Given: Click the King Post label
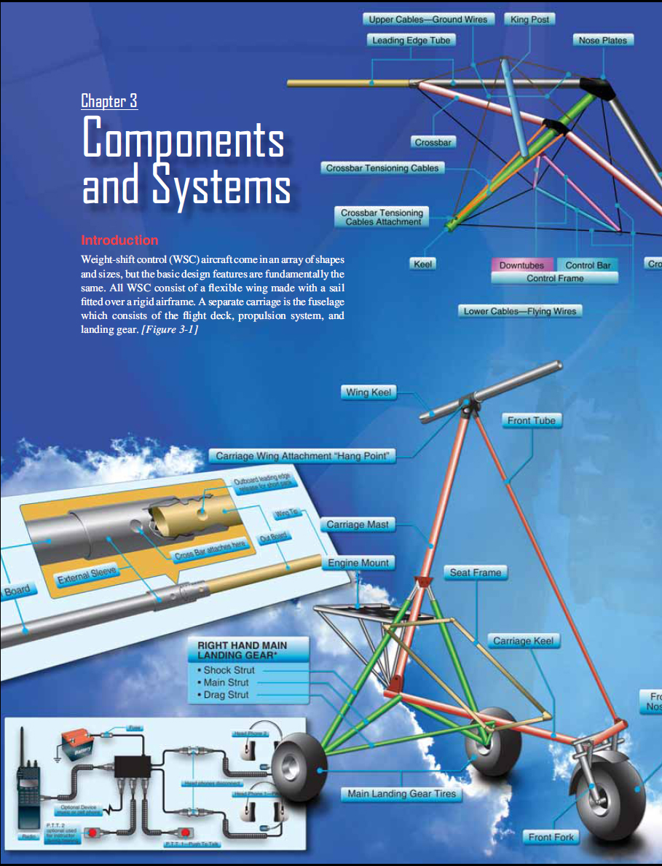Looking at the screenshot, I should coord(529,20).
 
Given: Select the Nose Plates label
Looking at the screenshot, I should coord(602,40).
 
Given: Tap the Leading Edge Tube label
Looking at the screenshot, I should coord(411,40).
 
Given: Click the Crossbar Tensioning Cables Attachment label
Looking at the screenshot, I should coord(382,217).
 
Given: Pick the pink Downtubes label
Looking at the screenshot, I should coord(521,265).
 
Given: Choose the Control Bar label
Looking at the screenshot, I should coord(588,265).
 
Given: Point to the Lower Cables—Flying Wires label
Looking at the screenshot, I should coord(520,311).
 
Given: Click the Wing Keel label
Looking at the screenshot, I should coord(369,393).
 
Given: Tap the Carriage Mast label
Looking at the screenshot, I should coord(357,524).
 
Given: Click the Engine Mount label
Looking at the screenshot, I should coord(359,563).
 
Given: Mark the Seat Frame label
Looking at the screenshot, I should coord(475,572).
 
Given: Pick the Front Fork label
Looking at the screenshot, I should coord(551,837).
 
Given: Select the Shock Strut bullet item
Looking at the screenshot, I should coord(226,670).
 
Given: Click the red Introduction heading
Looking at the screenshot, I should coord(119,240).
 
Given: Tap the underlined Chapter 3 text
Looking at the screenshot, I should coord(109,101).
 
